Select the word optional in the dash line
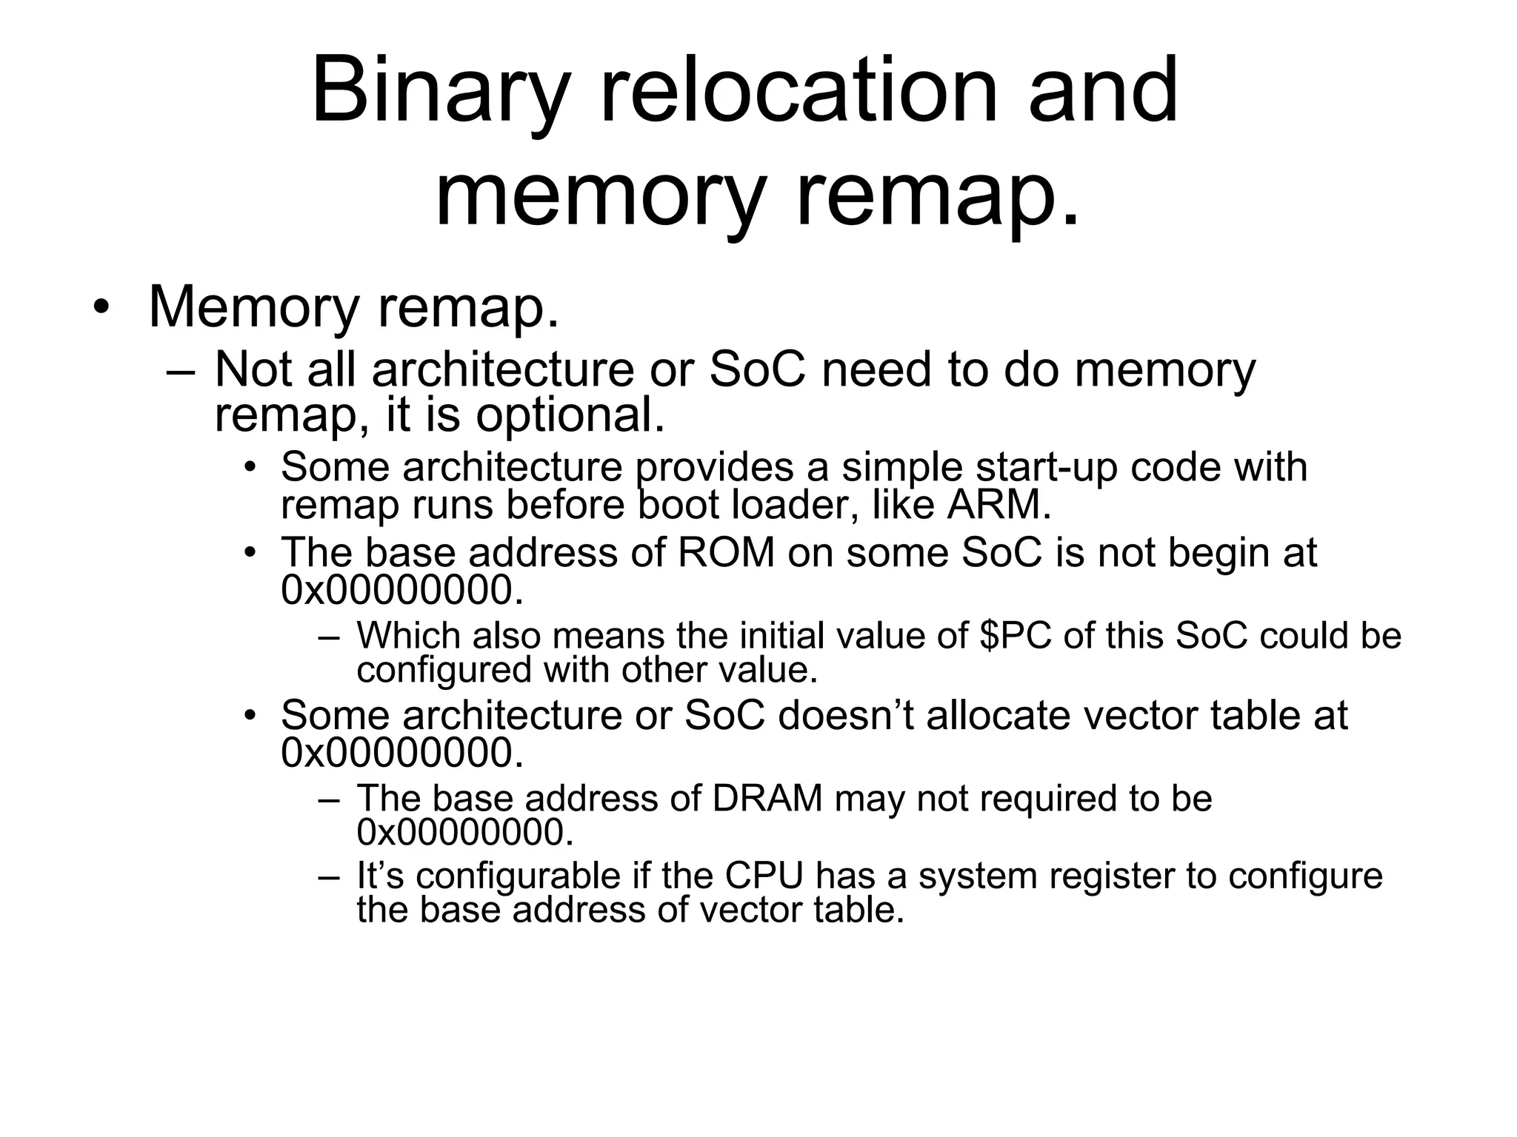tap(570, 416)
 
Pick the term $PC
tap(1018, 636)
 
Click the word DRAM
tap(767, 798)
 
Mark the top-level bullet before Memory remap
tap(101, 308)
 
